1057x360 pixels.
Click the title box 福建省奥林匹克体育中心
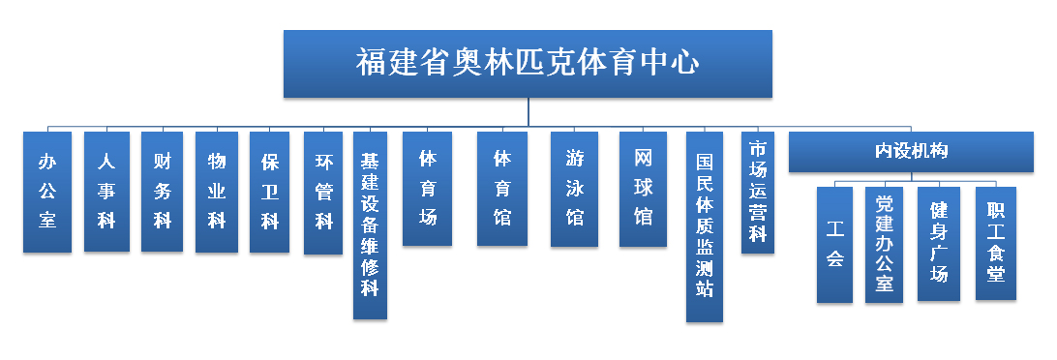(x=528, y=64)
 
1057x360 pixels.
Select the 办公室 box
(x=47, y=192)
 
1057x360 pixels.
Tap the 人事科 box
(x=106, y=192)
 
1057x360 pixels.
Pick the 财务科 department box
(x=162, y=192)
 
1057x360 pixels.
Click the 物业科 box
(x=217, y=192)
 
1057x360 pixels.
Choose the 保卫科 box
(x=270, y=192)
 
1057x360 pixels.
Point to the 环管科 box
(x=323, y=193)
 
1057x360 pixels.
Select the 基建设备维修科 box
(x=370, y=225)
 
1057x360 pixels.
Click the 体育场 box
(x=427, y=188)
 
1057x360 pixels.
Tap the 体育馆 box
(x=502, y=188)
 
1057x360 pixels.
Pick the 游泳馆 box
(x=575, y=188)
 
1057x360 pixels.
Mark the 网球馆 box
(x=644, y=188)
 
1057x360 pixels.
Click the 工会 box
(x=834, y=245)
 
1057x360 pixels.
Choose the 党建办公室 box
(x=884, y=245)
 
